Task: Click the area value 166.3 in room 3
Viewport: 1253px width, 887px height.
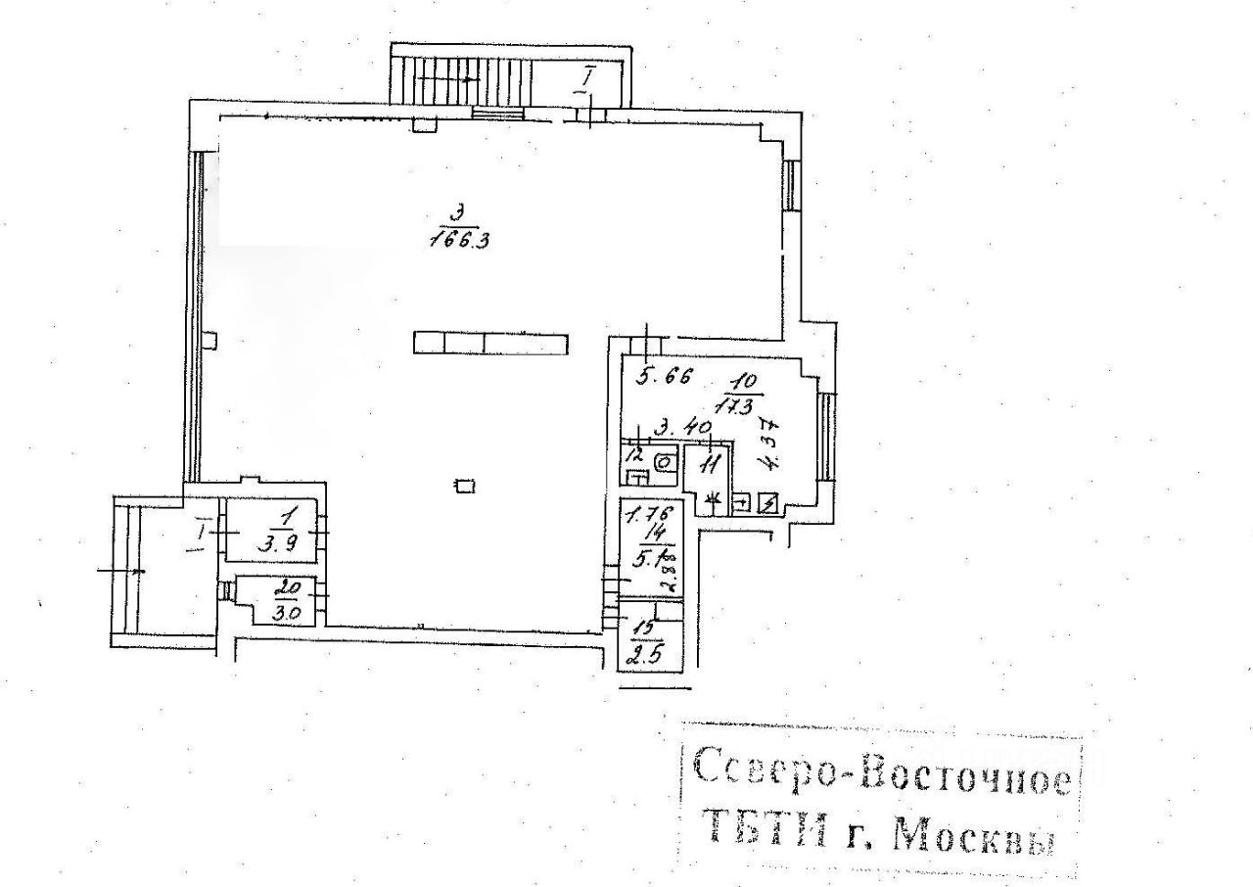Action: pyautogui.click(x=459, y=240)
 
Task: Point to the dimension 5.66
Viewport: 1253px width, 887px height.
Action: pyautogui.click(x=666, y=374)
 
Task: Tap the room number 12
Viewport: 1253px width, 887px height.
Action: pyautogui.click(x=636, y=455)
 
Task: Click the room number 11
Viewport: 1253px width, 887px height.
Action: pyautogui.click(x=710, y=463)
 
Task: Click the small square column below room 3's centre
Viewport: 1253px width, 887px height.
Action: pyautogui.click(x=465, y=484)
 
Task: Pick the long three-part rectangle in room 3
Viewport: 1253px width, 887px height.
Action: pyautogui.click(x=490, y=343)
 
